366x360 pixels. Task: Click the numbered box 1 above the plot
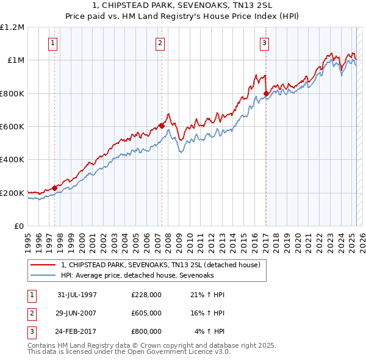coord(54,43)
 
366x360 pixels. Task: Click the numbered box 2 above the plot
coord(160,43)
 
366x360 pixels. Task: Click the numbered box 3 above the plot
coord(265,43)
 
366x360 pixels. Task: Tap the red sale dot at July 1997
coord(54,188)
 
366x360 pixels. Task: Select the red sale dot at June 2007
coord(162,126)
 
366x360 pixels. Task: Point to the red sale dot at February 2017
coord(266,93)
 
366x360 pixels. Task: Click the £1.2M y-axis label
coord(12,27)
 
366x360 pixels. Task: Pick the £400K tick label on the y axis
coord(12,160)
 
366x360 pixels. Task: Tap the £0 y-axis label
coord(19,226)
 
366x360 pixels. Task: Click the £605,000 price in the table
coord(146,313)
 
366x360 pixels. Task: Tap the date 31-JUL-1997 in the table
coord(77,295)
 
